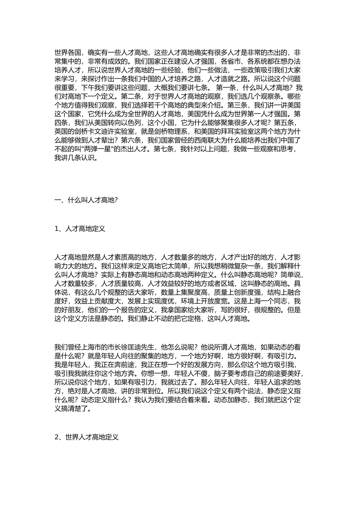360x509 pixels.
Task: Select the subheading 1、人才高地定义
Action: point(80,229)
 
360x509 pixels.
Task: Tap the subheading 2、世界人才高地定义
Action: point(86,437)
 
